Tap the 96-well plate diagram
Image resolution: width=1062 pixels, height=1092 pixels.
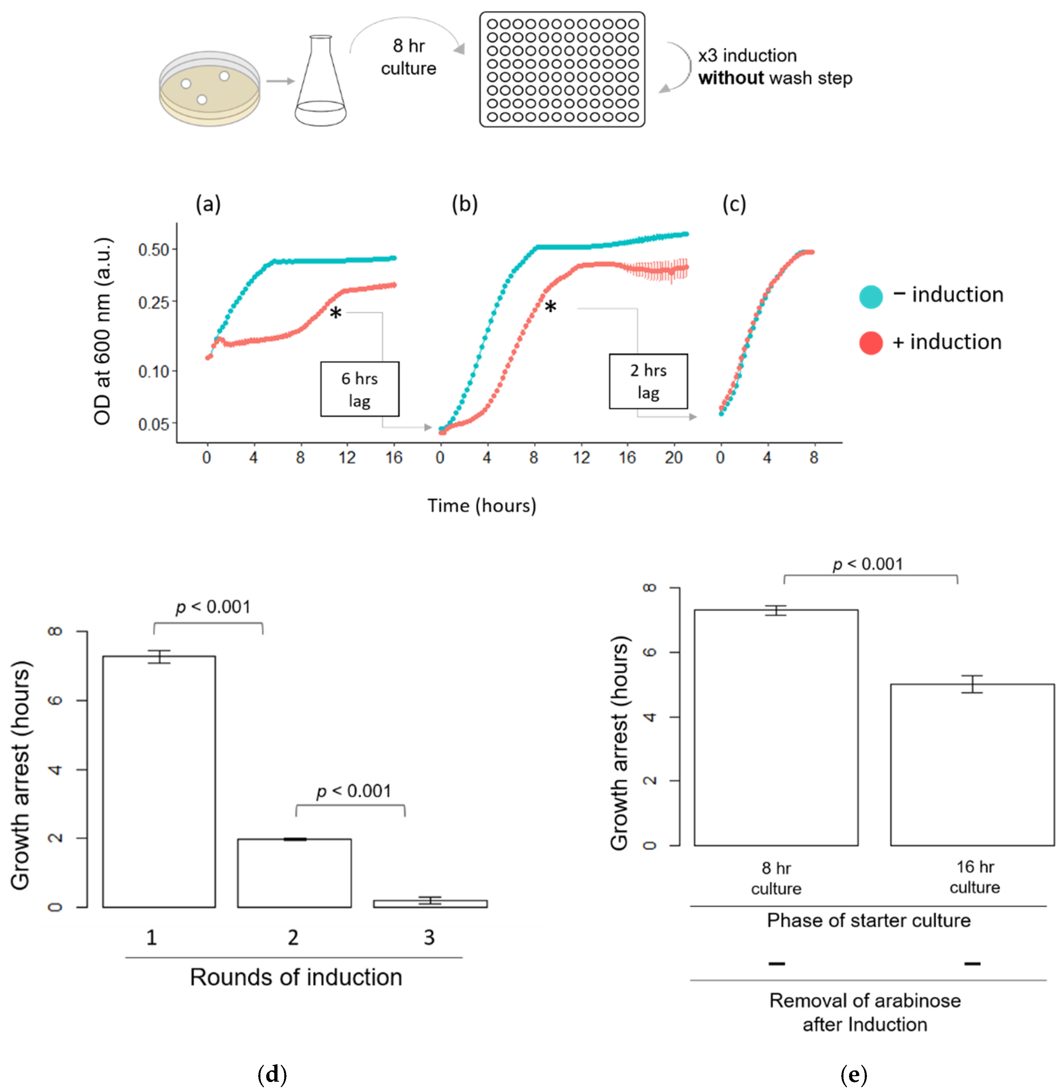562,70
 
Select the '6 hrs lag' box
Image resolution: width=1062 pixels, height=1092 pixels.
360,389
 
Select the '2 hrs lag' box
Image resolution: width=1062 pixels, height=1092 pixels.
648,381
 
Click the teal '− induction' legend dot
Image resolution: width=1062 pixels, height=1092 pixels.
871,296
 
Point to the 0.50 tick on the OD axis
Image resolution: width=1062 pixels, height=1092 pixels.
154,250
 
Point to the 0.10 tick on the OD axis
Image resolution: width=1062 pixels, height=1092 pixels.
154,371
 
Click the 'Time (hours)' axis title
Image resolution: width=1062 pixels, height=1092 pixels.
482,506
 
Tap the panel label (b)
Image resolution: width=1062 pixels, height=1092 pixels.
465,204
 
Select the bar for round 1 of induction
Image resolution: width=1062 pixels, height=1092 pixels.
159,781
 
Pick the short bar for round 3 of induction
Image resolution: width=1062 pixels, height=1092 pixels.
430,903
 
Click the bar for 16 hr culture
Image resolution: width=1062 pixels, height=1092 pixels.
972,764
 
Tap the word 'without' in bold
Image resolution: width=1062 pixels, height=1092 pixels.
731,78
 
